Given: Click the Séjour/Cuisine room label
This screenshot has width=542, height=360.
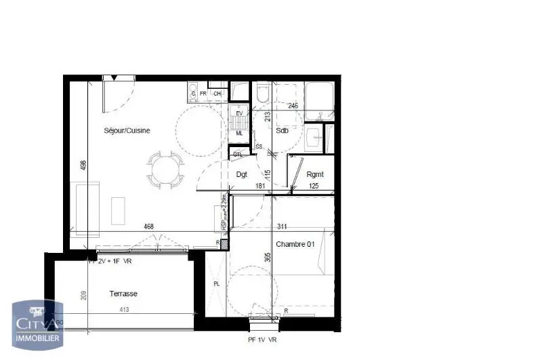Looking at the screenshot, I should [127, 130].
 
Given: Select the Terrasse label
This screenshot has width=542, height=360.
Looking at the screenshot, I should [123, 294].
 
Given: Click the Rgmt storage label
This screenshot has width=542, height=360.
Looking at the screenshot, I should [314, 174].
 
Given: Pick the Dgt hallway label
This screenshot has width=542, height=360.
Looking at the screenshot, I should [241, 174].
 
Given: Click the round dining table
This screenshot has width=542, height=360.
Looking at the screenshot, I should [165, 169].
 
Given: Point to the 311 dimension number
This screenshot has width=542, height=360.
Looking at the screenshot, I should [283, 227].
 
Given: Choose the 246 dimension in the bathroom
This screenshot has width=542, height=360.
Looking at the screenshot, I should [293, 106].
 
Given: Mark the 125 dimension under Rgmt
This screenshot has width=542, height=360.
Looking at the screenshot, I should [314, 185].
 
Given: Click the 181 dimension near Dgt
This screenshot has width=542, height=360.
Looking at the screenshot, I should [260, 185].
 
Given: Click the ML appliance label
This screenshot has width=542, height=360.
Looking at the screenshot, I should [238, 134].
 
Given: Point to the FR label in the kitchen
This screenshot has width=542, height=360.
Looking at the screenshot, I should [203, 94].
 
